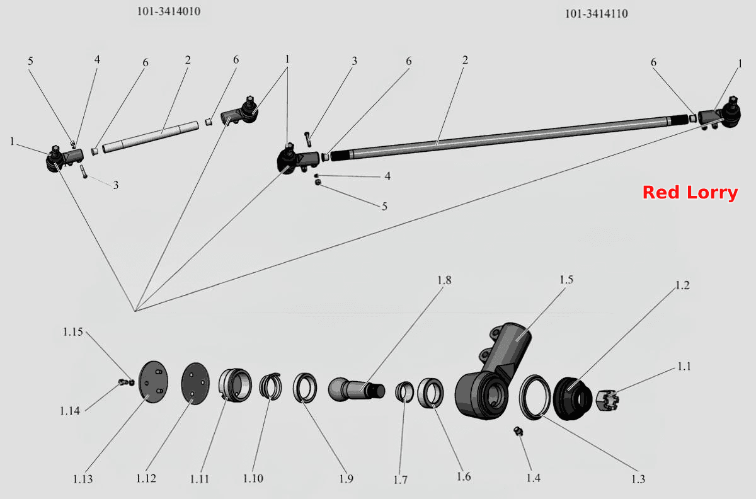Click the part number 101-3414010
(x=169, y=11)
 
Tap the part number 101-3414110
(x=597, y=14)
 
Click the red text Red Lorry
(x=690, y=193)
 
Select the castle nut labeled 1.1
(x=607, y=400)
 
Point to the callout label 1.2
(x=682, y=285)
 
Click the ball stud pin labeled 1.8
(x=357, y=389)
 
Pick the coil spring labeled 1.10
(x=270, y=386)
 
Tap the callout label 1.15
(x=73, y=332)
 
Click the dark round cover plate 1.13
(x=153, y=382)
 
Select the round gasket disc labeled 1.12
(x=195, y=383)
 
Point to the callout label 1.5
(x=566, y=280)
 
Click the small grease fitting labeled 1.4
(x=518, y=431)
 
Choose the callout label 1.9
(x=346, y=479)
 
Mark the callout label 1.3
(x=638, y=479)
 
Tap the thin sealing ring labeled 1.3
(x=535, y=397)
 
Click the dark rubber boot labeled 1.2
(x=573, y=399)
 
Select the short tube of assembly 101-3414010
(x=151, y=137)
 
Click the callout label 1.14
(x=70, y=411)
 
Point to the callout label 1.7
(x=401, y=479)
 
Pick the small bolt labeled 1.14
(x=126, y=382)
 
